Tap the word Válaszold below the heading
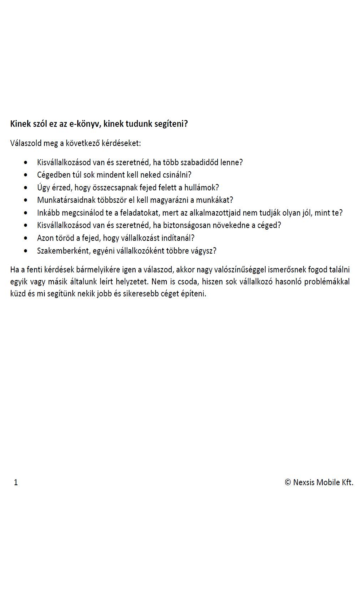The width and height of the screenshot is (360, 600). [x=25, y=143]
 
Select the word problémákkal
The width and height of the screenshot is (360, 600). [x=327, y=282]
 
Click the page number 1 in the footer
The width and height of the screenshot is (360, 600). [x=16, y=482]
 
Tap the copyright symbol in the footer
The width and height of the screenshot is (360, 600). [x=288, y=482]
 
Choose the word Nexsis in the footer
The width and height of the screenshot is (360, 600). [x=304, y=482]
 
